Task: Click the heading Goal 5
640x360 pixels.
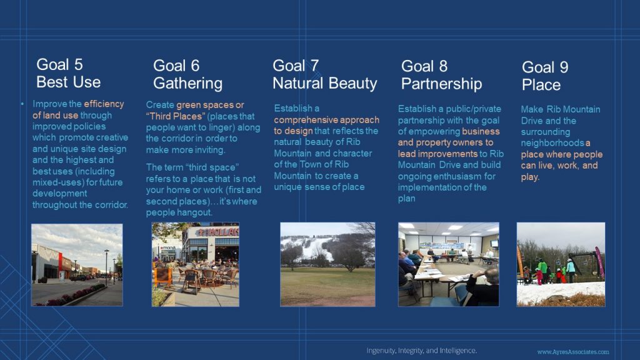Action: point(59,64)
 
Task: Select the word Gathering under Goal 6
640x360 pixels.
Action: point(187,84)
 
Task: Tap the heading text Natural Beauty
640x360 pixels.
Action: point(325,83)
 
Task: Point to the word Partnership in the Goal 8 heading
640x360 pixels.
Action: point(441,84)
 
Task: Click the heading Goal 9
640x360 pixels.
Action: point(545,67)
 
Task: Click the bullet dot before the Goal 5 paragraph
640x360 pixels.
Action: point(22,104)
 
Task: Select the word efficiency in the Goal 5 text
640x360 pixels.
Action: point(104,104)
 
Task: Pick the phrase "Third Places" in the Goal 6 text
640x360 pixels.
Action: point(176,116)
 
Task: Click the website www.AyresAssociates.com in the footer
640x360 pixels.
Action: point(573,352)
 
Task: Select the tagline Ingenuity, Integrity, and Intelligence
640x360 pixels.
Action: point(422,351)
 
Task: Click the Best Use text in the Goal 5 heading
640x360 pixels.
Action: point(68,82)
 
